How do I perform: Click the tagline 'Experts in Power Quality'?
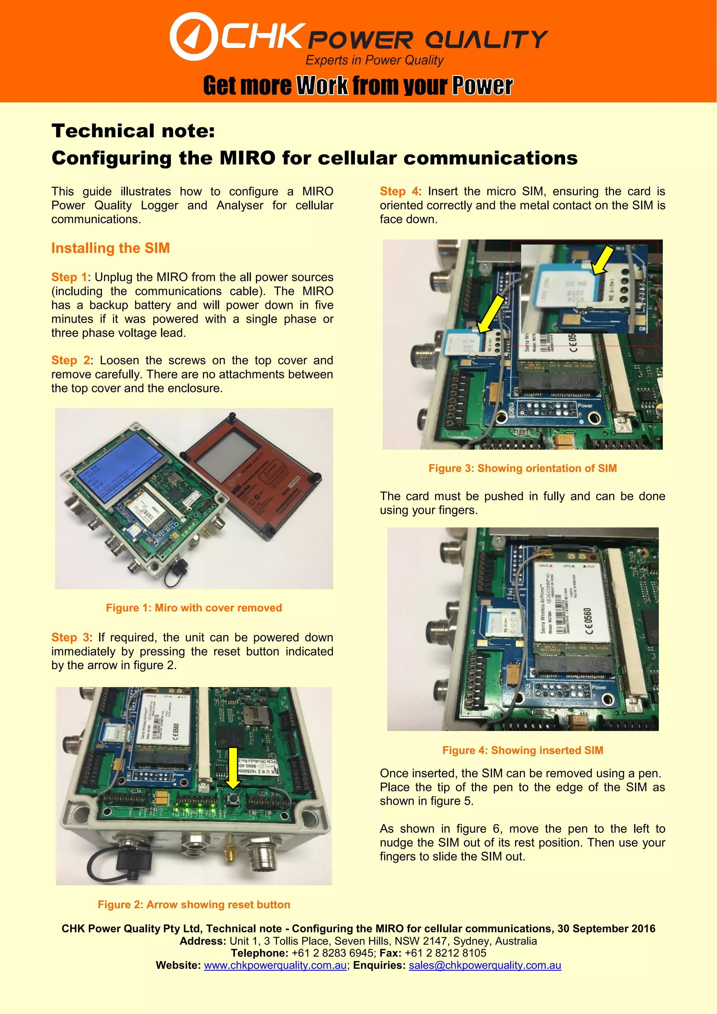(x=374, y=60)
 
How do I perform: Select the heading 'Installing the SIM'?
(x=110, y=248)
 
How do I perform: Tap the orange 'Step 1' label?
(x=69, y=277)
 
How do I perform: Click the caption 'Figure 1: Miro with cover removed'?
(x=194, y=608)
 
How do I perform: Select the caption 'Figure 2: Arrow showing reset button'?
(x=194, y=904)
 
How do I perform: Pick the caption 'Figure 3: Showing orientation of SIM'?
(x=522, y=468)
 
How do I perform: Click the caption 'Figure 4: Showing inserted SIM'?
(x=522, y=750)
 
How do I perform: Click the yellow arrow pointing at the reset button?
(x=233, y=768)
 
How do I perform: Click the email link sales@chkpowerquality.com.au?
(x=485, y=965)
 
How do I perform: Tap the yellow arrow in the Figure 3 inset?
(x=602, y=261)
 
